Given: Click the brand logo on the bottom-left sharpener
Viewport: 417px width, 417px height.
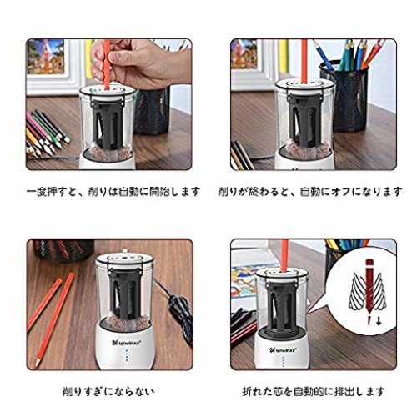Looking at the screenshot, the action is tap(127, 343).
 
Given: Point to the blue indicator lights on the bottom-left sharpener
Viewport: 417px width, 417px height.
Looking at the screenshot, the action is tap(127, 357).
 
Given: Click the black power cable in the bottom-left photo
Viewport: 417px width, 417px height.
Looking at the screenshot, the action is tap(178, 311).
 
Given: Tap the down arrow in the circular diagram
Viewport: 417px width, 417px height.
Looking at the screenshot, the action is tap(379, 322).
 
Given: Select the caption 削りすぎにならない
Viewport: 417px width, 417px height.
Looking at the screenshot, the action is tap(108, 392).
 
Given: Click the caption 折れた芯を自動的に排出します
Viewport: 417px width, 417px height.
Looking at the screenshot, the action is tap(314, 392).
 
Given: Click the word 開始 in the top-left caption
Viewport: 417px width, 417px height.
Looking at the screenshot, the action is tap(160, 192).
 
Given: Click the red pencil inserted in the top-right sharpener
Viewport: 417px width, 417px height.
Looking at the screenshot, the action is tap(304, 61).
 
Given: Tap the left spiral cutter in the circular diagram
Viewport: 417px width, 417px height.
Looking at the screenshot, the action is tap(356, 292).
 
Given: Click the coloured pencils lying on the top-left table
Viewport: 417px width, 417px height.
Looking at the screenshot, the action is tap(46, 133).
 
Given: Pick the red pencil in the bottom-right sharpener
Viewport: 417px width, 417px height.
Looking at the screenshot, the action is tap(284, 256).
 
